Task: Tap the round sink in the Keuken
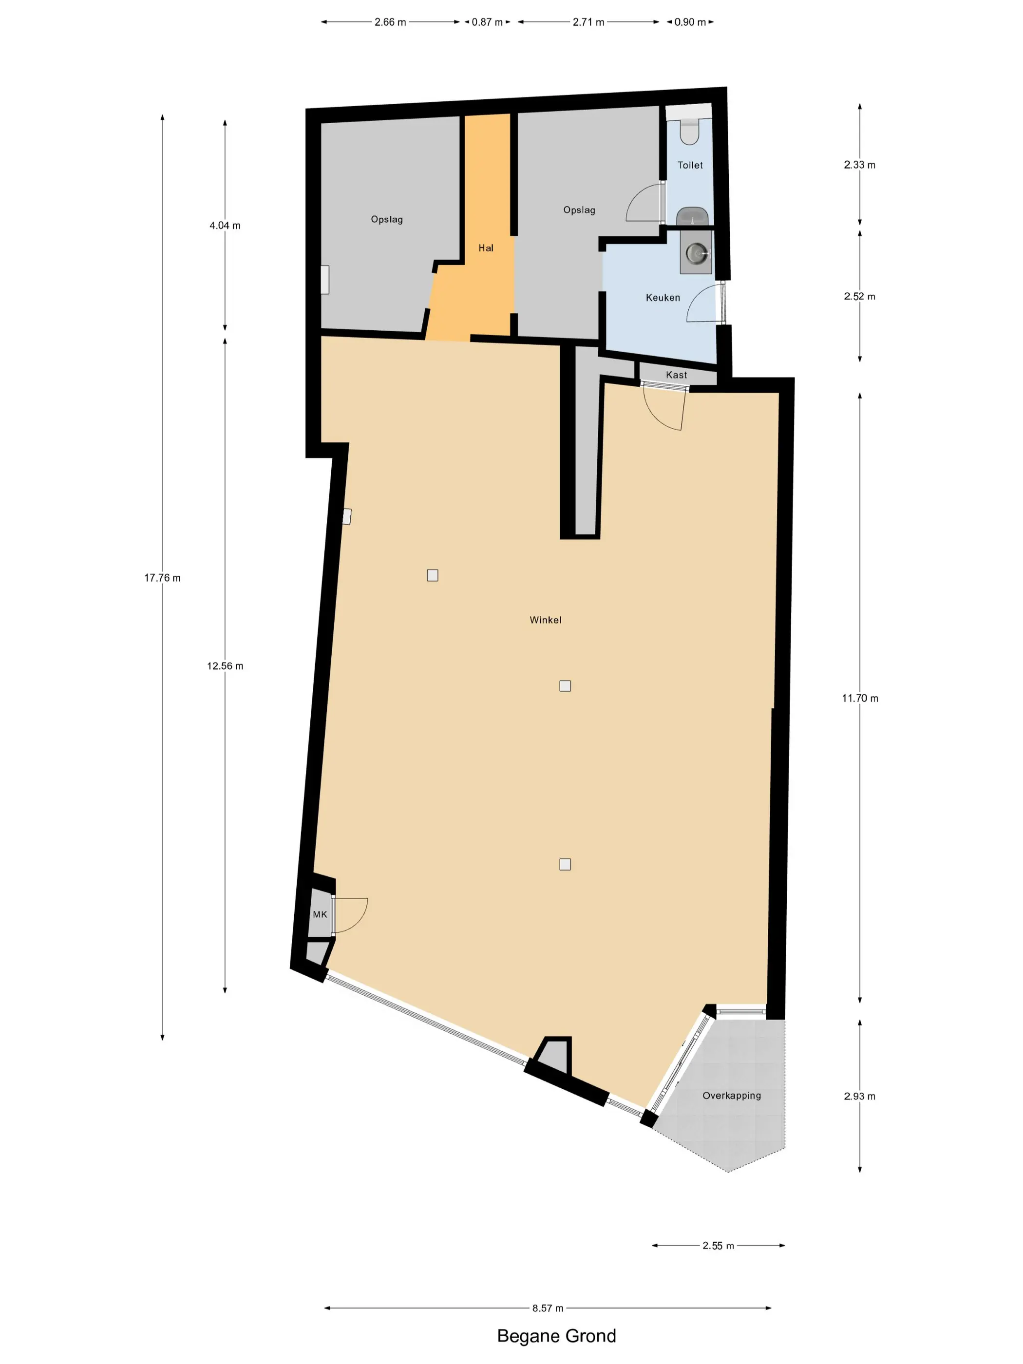[x=696, y=253]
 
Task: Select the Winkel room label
[x=545, y=620]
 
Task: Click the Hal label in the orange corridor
[x=486, y=248]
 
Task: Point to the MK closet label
[x=320, y=914]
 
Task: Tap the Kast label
[x=677, y=375]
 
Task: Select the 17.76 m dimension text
[x=162, y=578]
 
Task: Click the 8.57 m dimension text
[x=548, y=1308]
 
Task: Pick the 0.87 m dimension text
[x=487, y=22]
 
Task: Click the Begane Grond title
[x=556, y=1336]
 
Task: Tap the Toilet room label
[x=690, y=165]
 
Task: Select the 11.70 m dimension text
[x=860, y=698]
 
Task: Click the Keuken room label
[x=663, y=298]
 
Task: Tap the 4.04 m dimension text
[x=225, y=226]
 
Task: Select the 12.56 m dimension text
[x=225, y=666]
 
